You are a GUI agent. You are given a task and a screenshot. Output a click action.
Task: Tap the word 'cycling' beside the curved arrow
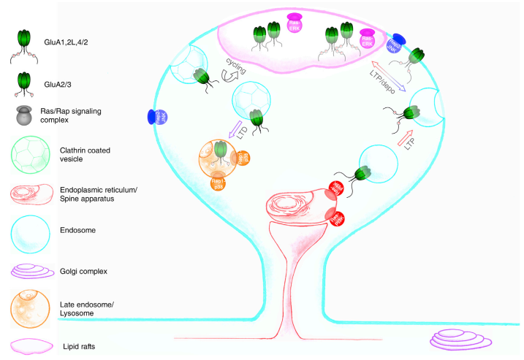[235, 71]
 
